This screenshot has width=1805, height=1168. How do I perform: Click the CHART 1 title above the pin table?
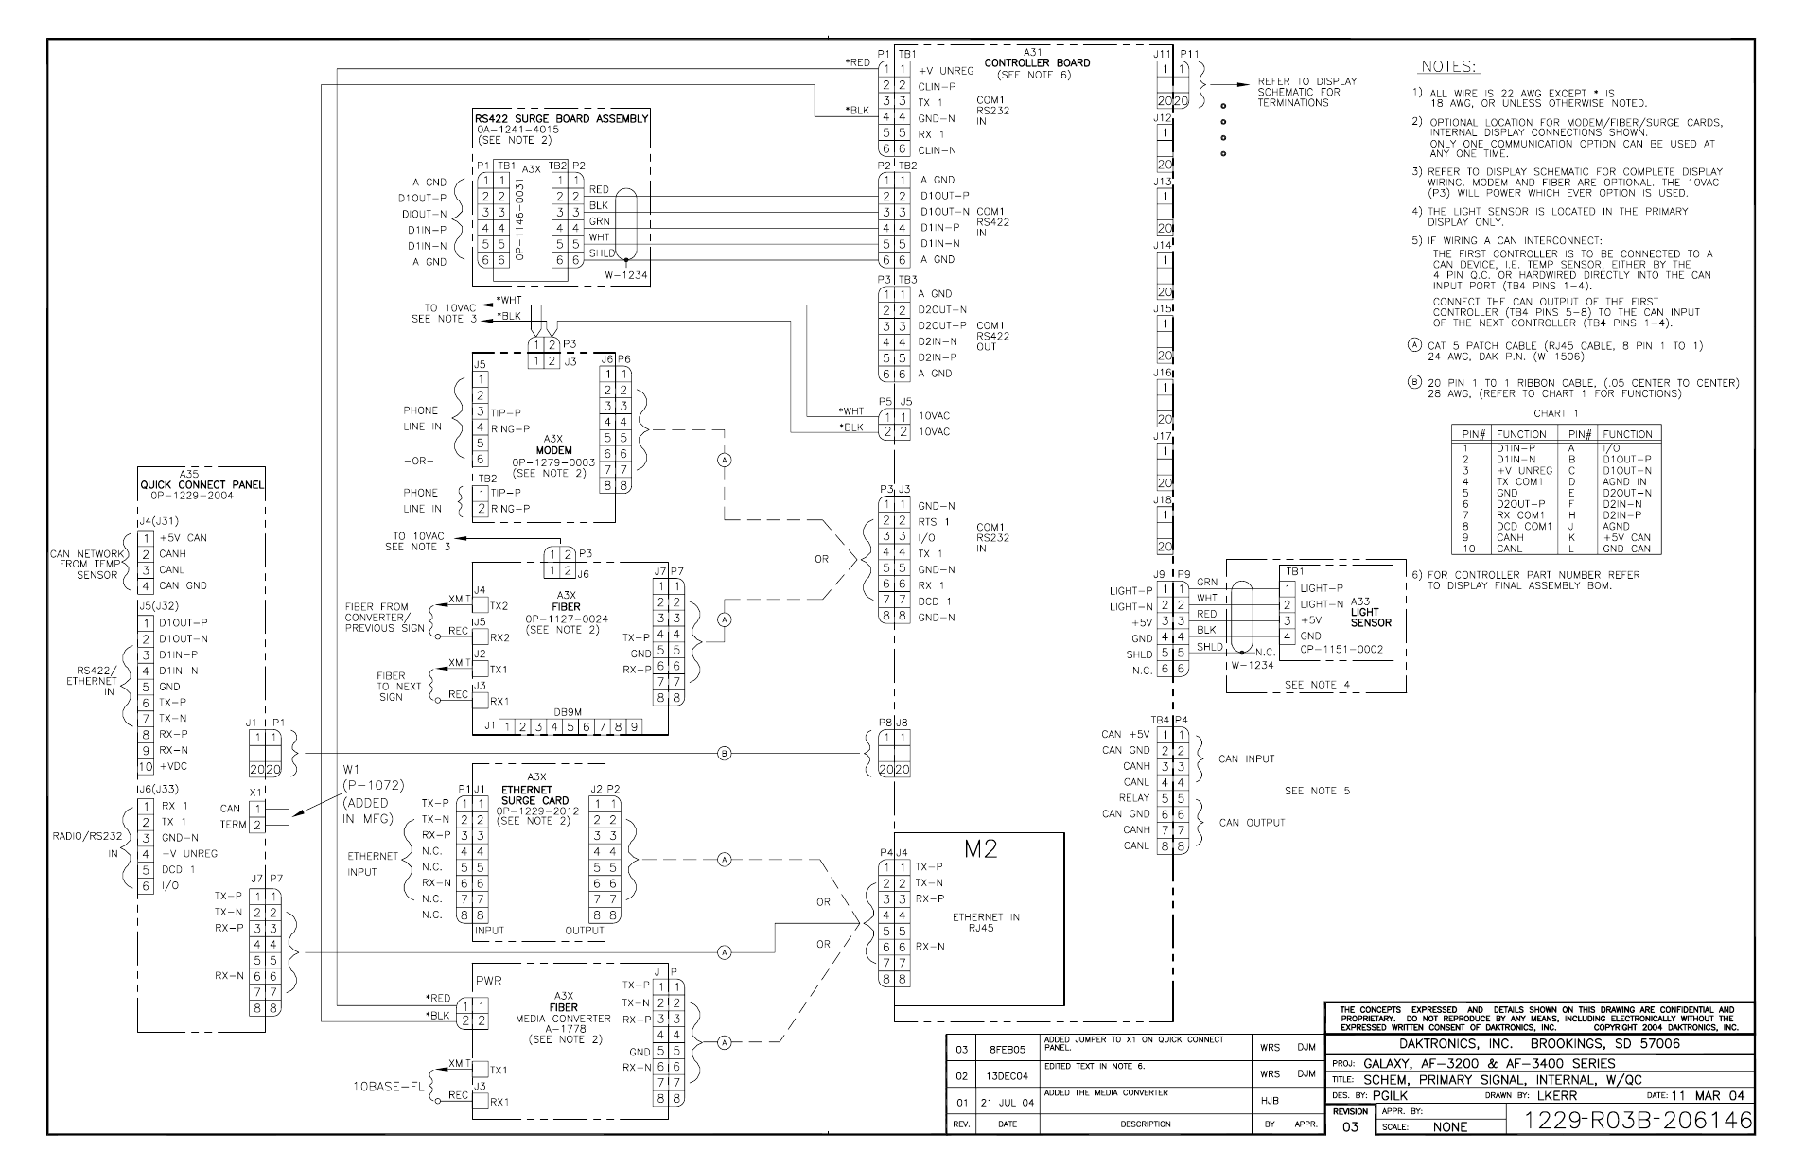tap(1556, 413)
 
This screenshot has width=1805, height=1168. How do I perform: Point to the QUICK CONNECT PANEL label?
tap(202, 486)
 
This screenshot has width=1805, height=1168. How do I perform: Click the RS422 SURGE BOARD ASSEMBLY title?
tap(562, 119)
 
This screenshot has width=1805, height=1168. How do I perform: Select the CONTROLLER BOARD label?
tap(1037, 63)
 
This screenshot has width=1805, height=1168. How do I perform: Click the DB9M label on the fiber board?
tap(568, 712)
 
